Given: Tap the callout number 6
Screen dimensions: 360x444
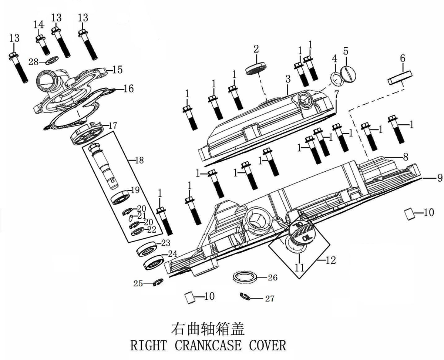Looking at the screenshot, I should click(403, 58).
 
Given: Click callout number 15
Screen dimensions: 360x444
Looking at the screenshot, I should click(118, 70).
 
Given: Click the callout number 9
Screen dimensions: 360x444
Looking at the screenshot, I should click(440, 178).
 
